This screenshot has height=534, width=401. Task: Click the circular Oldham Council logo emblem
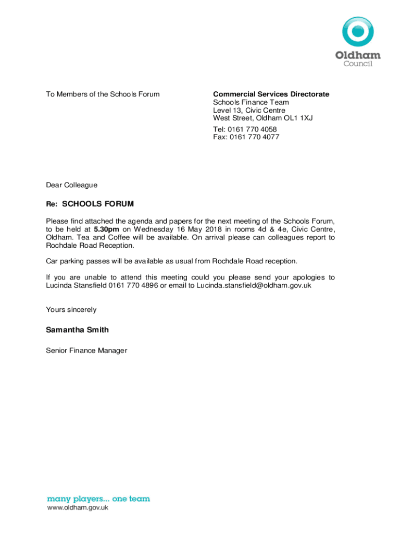358,31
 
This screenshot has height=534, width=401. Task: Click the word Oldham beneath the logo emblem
358,55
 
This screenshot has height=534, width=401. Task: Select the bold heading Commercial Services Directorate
271,94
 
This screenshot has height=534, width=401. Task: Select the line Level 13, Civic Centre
249,111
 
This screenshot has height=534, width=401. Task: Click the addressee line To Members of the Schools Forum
103,94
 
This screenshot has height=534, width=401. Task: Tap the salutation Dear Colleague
71,185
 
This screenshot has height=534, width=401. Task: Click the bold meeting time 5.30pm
106,229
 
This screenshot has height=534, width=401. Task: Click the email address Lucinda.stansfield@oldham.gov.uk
254,286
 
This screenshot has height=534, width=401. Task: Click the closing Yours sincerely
71,310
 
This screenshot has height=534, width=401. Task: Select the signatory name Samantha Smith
77,330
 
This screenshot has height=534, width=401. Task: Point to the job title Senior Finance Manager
86,350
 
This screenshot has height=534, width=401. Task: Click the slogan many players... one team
98,499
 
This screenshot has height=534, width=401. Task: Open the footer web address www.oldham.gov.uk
78,508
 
